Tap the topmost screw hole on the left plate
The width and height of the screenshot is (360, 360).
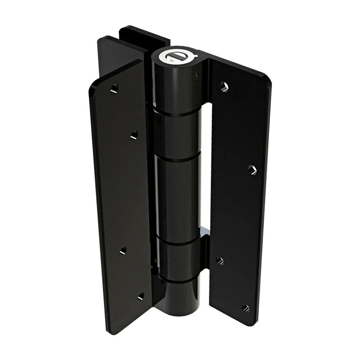[114, 89]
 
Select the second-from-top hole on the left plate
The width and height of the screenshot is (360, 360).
[134, 135]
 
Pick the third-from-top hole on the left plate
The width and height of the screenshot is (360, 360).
[122, 251]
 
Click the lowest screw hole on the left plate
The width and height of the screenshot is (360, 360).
[141, 297]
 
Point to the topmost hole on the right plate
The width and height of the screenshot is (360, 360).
[224, 86]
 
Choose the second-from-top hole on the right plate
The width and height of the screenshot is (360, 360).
[252, 170]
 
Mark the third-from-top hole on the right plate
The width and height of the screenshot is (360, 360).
[219, 260]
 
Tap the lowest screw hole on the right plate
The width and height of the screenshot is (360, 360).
[246, 308]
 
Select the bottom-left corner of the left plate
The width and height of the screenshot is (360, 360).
[111, 331]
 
